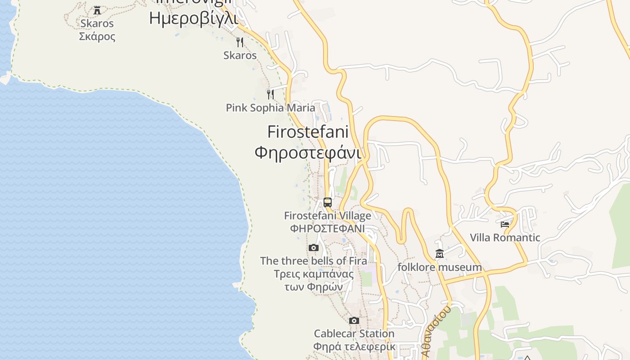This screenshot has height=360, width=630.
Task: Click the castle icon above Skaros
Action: (97, 10)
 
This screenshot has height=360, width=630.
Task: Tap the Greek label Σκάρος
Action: (97, 36)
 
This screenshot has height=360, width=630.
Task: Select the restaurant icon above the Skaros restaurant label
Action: (240, 42)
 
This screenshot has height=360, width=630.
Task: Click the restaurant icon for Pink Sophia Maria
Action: (270, 94)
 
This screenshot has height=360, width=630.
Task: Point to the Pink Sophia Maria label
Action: (270, 108)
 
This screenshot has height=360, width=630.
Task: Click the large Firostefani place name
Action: (308, 132)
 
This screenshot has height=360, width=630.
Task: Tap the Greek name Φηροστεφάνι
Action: (308, 153)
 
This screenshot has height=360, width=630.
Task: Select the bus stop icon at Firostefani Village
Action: (328, 202)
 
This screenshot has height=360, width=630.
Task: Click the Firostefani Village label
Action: (328, 216)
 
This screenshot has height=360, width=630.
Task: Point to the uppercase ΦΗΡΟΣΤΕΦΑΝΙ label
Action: (328, 228)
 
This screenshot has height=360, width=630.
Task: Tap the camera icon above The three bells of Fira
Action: (314, 247)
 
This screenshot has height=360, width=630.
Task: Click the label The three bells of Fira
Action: (313, 261)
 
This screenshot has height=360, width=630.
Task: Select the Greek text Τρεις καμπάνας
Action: (314, 274)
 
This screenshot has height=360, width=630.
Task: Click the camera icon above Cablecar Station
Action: (354, 320)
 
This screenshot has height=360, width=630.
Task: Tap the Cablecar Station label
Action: (354, 333)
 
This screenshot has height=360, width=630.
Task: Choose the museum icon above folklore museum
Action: (440, 254)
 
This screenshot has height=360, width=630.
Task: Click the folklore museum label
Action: (440, 267)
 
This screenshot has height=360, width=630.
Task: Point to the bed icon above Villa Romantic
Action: (505, 224)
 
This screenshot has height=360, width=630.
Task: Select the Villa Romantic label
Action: (505, 237)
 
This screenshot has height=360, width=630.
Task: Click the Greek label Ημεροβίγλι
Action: (193, 18)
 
